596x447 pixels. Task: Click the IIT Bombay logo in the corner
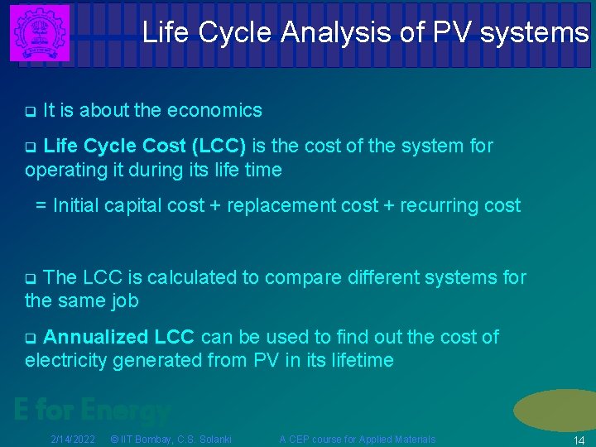[39, 32]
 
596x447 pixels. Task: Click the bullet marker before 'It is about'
[30, 111]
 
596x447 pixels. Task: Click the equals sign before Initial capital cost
[41, 205]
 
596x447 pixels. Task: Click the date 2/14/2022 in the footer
[73, 439]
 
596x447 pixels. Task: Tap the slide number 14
[579, 440]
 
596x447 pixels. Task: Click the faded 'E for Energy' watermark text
[91, 409]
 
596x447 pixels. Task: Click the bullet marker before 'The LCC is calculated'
[30, 278]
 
